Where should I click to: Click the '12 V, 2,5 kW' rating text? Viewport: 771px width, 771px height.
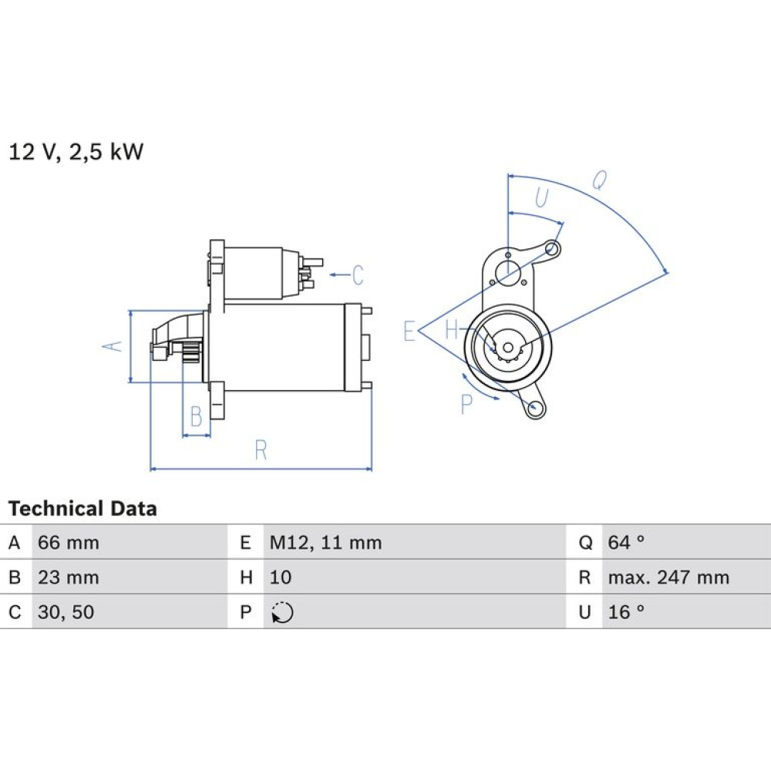(x=76, y=151)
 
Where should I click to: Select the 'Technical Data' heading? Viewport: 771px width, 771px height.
(x=82, y=508)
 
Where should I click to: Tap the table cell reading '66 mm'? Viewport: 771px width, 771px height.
(x=69, y=543)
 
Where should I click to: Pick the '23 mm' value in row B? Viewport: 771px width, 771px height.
(x=69, y=577)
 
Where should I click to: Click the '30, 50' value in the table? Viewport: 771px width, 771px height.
(x=66, y=612)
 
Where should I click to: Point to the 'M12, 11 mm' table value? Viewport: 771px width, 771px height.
(x=325, y=543)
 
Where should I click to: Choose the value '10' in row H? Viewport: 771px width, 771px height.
(x=281, y=577)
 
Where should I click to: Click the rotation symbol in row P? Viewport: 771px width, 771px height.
(x=282, y=613)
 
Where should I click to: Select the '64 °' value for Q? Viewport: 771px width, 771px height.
(x=626, y=542)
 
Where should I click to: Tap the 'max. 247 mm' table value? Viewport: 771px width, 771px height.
(x=668, y=577)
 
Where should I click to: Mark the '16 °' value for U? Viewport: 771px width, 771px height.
(x=626, y=612)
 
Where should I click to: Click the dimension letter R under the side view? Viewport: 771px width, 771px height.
(x=261, y=450)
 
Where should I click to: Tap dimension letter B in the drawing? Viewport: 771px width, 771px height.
(x=196, y=416)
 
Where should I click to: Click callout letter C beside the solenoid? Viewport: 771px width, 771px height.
(x=358, y=275)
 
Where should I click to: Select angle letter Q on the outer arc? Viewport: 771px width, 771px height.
(x=599, y=180)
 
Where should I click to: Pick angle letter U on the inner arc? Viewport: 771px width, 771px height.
(x=541, y=197)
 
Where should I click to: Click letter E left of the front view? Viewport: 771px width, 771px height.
(x=409, y=331)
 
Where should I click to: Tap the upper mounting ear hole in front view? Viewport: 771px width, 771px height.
(x=552, y=249)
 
